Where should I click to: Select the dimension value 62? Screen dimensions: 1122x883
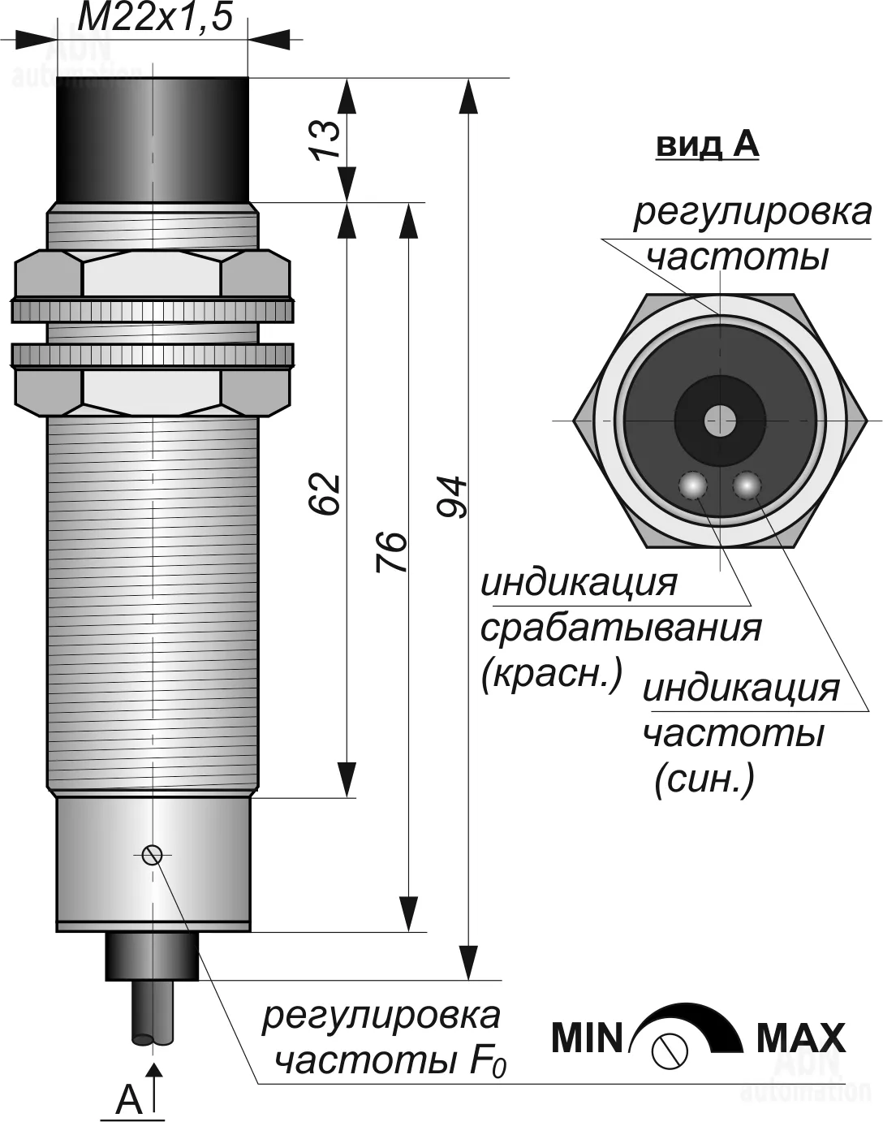click(325, 493)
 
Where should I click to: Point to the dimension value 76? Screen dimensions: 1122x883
click(391, 552)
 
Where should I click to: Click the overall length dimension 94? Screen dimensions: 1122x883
click(452, 497)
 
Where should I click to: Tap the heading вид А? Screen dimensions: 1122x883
click(707, 145)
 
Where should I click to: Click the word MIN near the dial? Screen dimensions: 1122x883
click(586, 1038)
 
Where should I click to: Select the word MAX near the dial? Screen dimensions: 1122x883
click(800, 1038)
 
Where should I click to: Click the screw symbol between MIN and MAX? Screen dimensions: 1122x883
click(670, 1051)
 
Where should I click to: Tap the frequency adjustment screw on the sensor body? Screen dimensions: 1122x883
click(152, 854)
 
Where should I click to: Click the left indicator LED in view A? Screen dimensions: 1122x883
click(692, 485)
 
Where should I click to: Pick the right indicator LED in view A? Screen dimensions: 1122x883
click(746, 485)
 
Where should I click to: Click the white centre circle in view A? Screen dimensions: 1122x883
click(719, 421)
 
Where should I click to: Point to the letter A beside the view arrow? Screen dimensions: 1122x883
click(128, 1100)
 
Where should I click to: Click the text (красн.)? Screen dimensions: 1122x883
click(551, 674)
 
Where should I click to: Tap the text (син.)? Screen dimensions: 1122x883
click(704, 779)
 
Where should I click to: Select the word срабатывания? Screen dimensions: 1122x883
click(622, 628)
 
